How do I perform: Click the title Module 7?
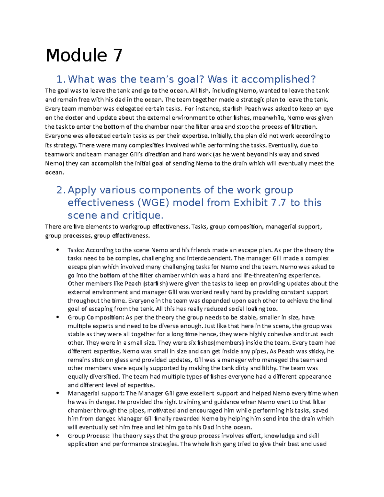[x=84, y=55]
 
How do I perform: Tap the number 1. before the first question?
[x=61, y=79]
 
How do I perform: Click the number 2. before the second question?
[x=61, y=190]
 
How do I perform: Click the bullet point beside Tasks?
[x=58, y=250]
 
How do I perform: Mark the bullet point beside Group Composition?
[x=58, y=317]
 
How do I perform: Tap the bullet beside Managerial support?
[x=58, y=393]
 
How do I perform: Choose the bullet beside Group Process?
[x=58, y=436]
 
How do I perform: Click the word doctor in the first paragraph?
[x=74, y=117]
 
